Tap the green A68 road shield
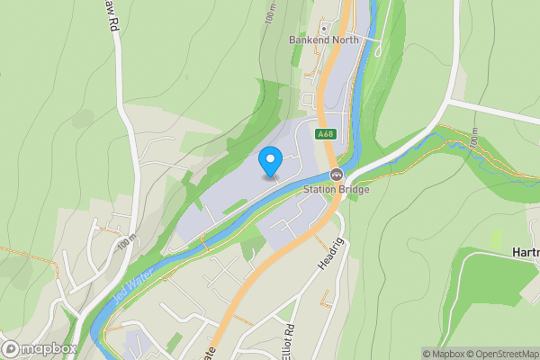pyautogui.click(x=326, y=134)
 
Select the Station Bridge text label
pyautogui.click(x=336, y=188)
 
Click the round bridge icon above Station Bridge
pyautogui.click(x=336, y=174)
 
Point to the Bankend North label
pyautogui.click(x=323, y=40)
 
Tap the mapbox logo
pyautogui.click(x=40, y=348)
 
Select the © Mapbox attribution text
pyautogui.click(x=442, y=354)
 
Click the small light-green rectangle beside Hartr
pyautogui.click(x=496, y=238)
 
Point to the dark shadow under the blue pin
pyautogui.click(x=270, y=177)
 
